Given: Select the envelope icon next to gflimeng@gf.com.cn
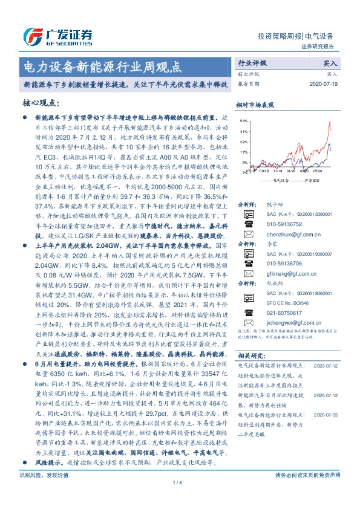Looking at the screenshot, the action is (247, 291).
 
